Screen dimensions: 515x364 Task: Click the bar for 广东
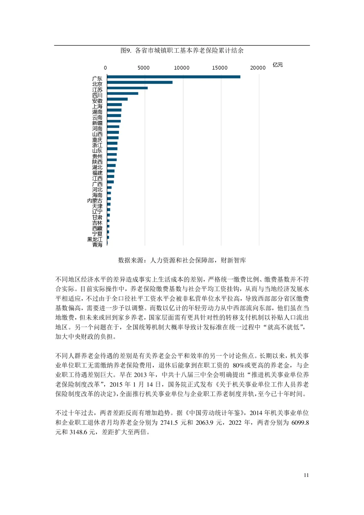pos(174,77)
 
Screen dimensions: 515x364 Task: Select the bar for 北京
pos(140,82)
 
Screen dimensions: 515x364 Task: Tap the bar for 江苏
pos(127,88)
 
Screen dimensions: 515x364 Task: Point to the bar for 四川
pos(122,93)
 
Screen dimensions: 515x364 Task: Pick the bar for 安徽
pos(117,99)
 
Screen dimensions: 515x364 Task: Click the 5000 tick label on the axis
pos(143,68)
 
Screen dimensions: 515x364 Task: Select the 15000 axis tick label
pos(220,68)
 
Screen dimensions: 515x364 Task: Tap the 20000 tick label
pos(258,68)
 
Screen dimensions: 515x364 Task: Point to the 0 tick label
pos(105,68)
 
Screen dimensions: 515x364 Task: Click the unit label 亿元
pos(278,65)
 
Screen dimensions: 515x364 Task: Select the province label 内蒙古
pos(95,201)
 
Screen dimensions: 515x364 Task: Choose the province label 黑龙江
pos(95,239)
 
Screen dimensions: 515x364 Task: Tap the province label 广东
pos(97,79)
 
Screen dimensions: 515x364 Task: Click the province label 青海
pos(97,245)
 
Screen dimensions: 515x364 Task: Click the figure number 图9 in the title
pos(126,51)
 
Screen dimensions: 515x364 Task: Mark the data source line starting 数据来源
pos(182,260)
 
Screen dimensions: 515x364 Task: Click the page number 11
pos(306,475)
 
